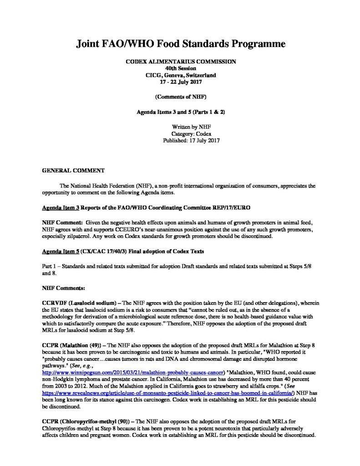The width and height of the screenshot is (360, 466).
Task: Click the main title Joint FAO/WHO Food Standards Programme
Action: tap(180, 44)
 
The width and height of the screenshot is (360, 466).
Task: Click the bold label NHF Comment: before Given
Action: tap(62, 222)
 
